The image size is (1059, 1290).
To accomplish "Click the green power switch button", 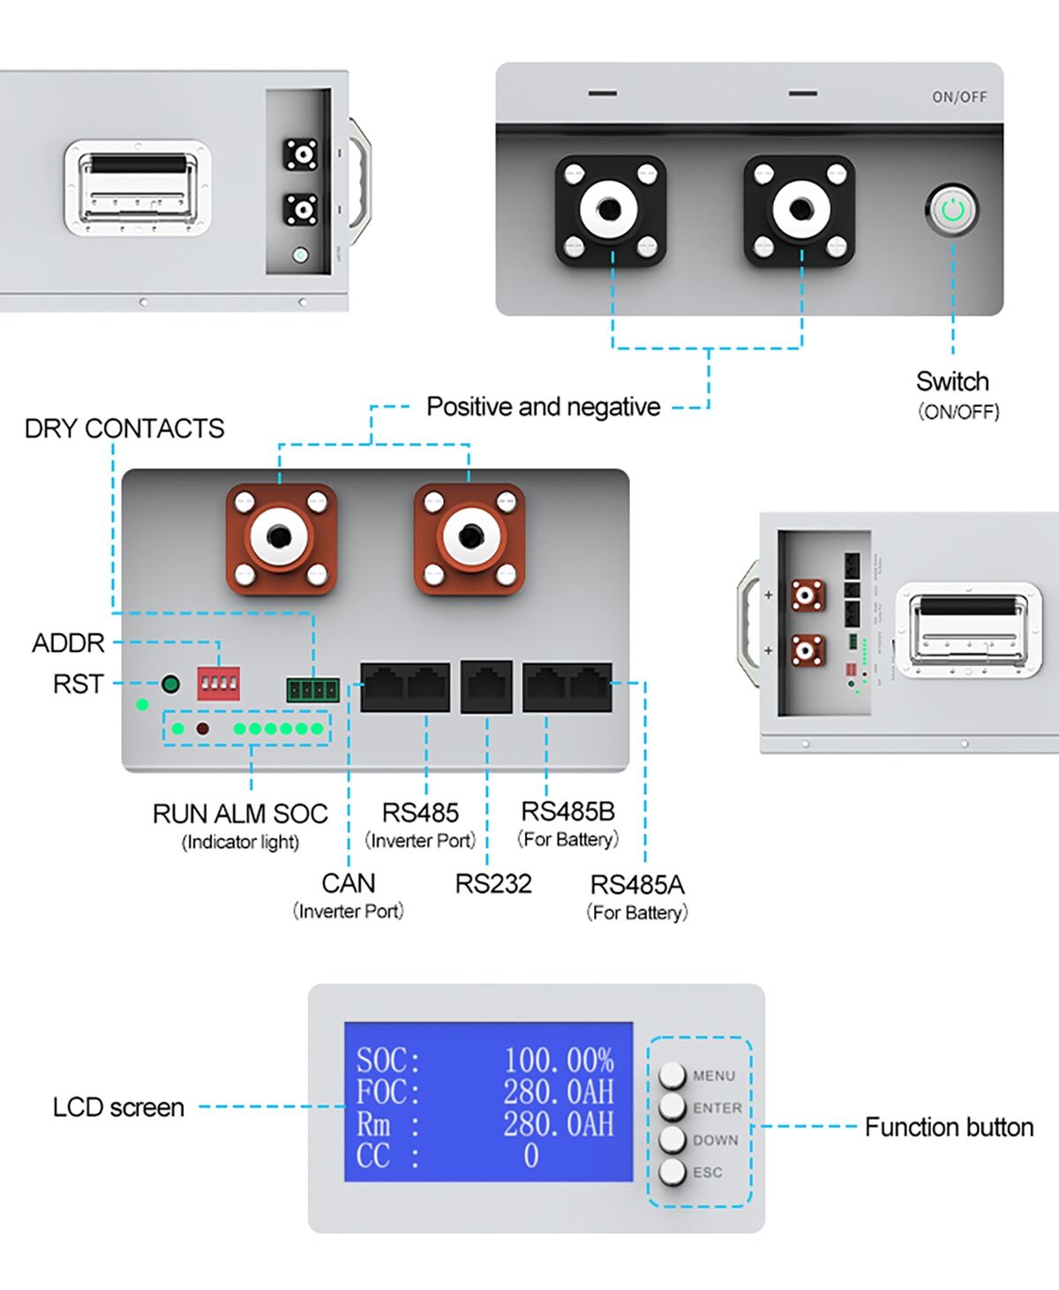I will (953, 210).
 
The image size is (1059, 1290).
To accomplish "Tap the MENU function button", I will (672, 1075).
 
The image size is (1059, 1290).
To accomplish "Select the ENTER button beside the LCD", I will (672, 1106).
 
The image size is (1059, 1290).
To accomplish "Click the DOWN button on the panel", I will (672, 1139).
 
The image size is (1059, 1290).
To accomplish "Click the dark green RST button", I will (170, 684).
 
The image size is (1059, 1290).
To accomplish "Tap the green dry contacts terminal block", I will (312, 689).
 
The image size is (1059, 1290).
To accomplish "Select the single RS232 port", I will (486, 686).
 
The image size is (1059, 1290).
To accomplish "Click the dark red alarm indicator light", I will (202, 729).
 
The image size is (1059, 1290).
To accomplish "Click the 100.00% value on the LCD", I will (559, 1060).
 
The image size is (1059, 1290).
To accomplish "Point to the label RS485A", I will (637, 884).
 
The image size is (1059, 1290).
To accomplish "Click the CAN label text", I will (349, 883).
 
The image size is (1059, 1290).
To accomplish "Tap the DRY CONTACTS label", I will (124, 429).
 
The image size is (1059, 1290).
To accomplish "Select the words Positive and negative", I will (543, 407).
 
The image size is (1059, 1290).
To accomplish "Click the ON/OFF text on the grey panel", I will (959, 97).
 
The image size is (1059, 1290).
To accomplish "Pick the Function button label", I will (949, 1128).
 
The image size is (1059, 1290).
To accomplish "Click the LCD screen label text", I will (118, 1107).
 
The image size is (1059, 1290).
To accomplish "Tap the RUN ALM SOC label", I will (240, 814).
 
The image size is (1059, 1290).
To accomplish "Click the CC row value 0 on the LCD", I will (530, 1156).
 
